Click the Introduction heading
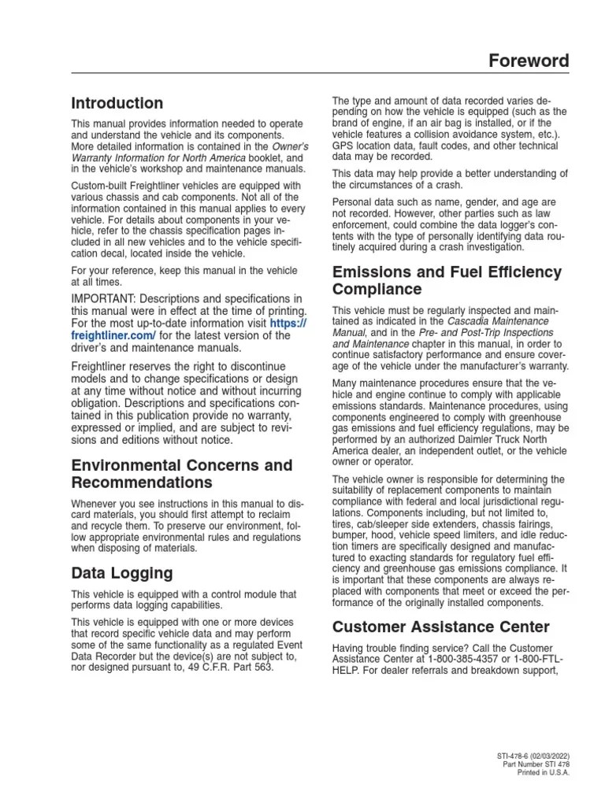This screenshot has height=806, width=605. click(117, 103)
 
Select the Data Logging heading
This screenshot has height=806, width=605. click(122, 572)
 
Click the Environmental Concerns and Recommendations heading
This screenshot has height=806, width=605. click(181, 473)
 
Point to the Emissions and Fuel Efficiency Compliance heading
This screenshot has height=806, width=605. click(447, 280)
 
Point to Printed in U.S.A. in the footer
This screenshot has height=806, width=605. click(543, 772)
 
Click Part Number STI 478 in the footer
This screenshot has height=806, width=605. click(536, 764)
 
